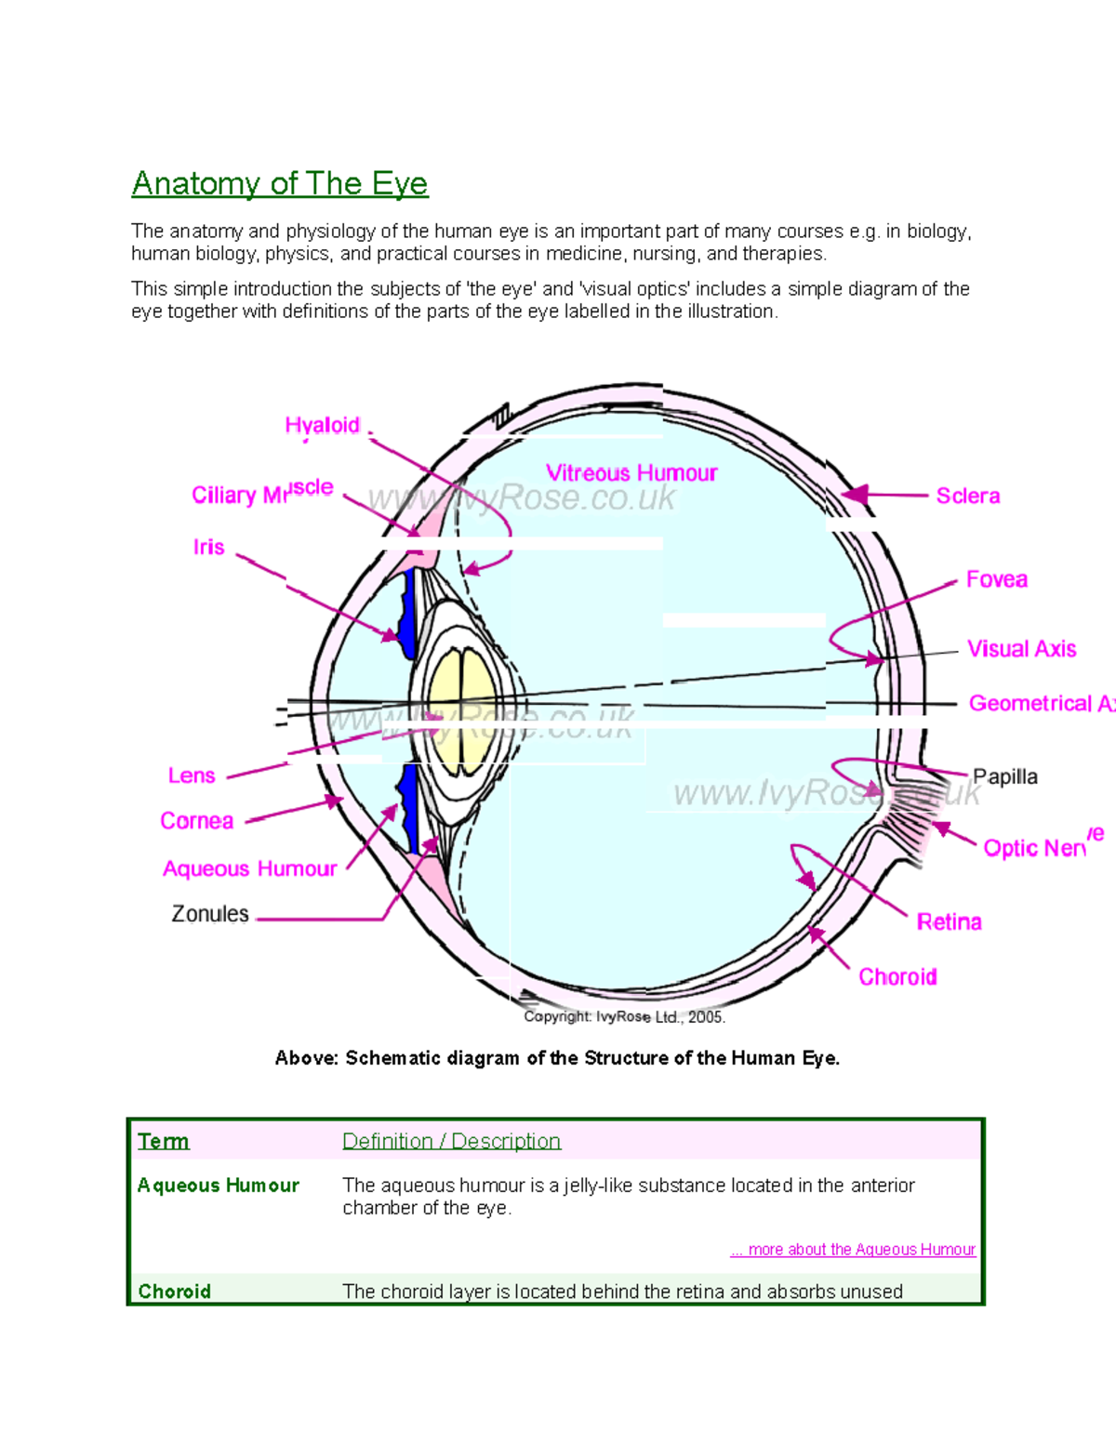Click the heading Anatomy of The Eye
279,183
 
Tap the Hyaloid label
322,425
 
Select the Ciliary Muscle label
262,492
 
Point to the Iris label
208,547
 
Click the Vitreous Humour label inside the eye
631,473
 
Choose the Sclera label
967,496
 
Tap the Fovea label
996,579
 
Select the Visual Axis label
1021,649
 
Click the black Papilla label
1004,776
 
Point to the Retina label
949,921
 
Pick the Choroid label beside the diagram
897,976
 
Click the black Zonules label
210,914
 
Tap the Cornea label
196,821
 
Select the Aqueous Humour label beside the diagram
249,868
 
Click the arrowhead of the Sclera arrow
855,495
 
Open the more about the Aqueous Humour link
853,1250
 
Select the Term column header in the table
163,1141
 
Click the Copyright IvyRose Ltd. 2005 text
624,1017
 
